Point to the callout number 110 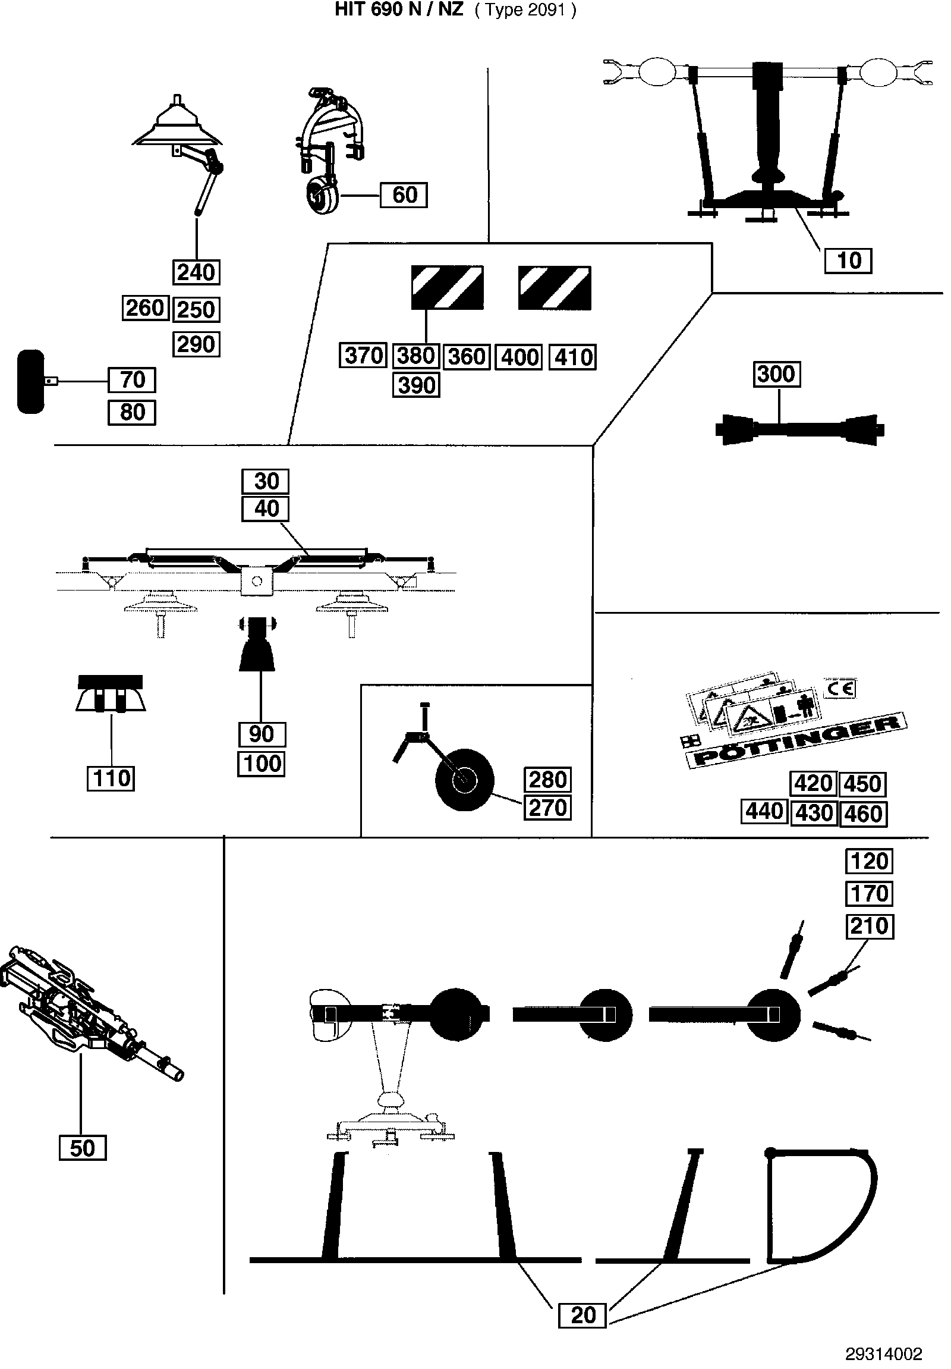(112, 778)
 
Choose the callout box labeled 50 (83, 1148)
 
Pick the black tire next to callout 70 (31, 382)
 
